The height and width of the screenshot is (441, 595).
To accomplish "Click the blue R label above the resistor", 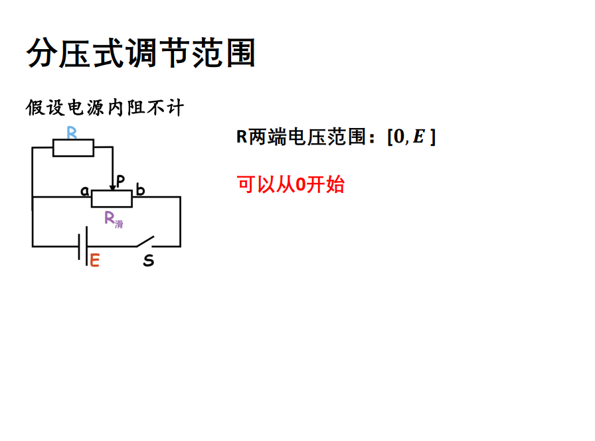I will pyautogui.click(x=72, y=132).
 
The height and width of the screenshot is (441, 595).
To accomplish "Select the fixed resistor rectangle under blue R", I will pyautogui.click(x=73, y=148).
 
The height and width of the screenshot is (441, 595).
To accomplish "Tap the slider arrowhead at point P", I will pyautogui.click(x=112, y=188).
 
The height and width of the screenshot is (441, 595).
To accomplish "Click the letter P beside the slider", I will pyautogui.click(x=120, y=180).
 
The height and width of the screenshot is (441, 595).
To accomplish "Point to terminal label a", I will pyautogui.click(x=85, y=191).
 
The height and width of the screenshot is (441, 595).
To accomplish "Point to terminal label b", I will pyautogui.click(x=140, y=191).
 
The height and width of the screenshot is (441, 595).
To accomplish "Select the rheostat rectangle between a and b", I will pyautogui.click(x=112, y=198).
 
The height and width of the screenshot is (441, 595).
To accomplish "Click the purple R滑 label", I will pyautogui.click(x=114, y=219).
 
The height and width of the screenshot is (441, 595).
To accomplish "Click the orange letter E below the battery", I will pyautogui.click(x=94, y=261).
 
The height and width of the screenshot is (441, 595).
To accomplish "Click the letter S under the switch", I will pyautogui.click(x=149, y=261).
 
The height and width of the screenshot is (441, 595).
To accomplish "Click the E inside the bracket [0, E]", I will pyautogui.click(x=418, y=137).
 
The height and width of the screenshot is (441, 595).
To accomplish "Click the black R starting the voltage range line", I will pyautogui.click(x=242, y=137).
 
